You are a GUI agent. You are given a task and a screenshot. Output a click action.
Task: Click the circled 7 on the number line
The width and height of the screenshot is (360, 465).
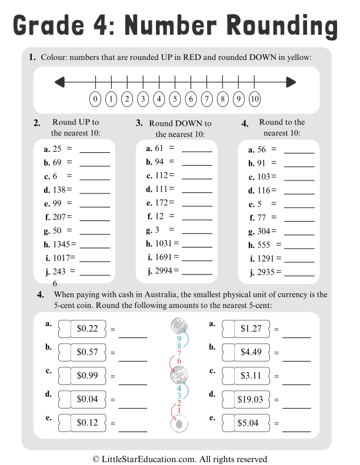click(206, 99)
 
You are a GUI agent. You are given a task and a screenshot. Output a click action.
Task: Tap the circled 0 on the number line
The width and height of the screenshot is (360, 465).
click(95, 99)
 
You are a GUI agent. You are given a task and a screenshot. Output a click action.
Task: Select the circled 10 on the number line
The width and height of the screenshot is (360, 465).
click(255, 99)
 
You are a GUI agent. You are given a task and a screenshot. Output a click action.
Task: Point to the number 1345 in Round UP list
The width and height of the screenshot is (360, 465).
click(61, 243)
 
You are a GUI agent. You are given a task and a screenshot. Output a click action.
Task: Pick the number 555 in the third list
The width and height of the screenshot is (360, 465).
click(265, 245)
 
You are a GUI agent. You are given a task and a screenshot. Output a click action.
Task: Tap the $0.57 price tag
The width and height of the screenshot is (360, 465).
click(86, 352)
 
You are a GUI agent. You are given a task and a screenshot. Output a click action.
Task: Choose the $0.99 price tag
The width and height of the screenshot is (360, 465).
click(86, 376)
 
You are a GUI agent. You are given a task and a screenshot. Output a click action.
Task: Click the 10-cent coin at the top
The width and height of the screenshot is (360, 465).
click(178, 326)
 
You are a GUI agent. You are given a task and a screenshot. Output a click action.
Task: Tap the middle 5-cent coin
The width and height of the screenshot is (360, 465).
click(178, 374)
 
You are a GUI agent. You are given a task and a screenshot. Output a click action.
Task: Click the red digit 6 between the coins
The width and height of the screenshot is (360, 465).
click(179, 361)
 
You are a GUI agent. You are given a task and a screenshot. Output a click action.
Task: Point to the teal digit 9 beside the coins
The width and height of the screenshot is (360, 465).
click(179, 339)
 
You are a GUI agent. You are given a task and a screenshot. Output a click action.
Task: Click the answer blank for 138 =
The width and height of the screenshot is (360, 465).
click(94, 192)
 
